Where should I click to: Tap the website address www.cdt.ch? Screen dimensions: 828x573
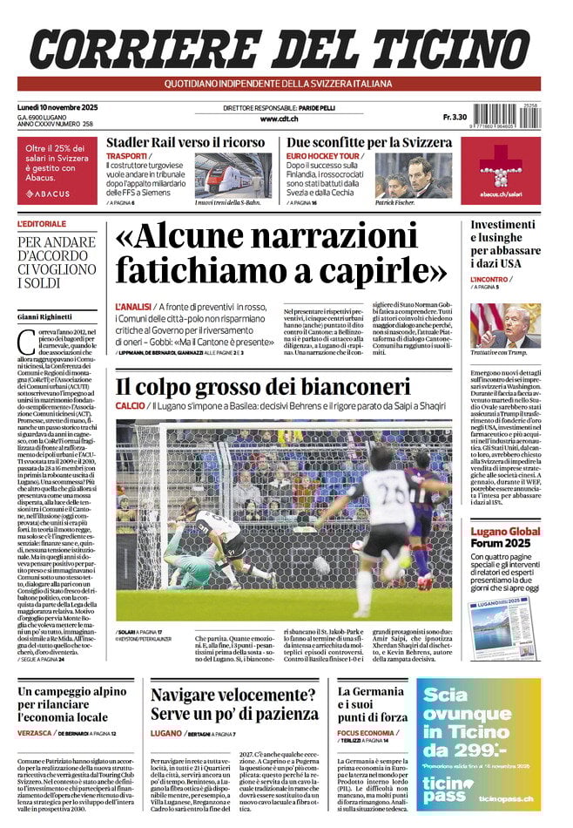point(279,119)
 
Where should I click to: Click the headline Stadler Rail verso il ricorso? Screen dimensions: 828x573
point(185,142)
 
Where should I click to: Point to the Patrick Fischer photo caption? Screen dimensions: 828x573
point(397,202)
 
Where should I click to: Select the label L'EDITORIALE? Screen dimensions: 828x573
point(42,224)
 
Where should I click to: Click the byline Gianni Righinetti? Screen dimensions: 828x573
point(45,316)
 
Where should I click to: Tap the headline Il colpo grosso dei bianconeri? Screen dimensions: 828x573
point(262,386)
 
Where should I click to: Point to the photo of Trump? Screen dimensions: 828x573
point(505,325)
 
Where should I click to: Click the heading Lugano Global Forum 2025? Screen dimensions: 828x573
point(505,537)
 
